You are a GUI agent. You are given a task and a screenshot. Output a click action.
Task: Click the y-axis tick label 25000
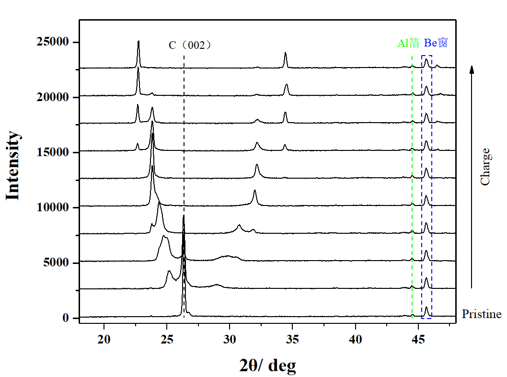pyautogui.click(x=52, y=42)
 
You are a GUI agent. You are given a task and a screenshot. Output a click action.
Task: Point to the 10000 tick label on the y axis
pyautogui.click(x=52, y=207)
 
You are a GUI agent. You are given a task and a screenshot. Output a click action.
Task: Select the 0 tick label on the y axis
pyautogui.click(x=66, y=318)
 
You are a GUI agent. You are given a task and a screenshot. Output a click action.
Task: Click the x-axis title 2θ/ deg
pyautogui.click(x=267, y=366)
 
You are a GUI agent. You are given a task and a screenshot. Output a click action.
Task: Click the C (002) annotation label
pyautogui.click(x=190, y=46)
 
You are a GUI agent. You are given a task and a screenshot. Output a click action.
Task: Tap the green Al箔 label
pyautogui.click(x=408, y=43)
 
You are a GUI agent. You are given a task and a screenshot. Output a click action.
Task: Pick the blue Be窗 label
pyautogui.click(x=436, y=43)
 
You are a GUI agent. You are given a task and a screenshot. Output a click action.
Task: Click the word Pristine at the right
pyautogui.click(x=481, y=314)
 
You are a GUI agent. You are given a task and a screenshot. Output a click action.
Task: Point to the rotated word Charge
pyautogui.click(x=485, y=167)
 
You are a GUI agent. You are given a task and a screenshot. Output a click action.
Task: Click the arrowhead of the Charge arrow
pyautogui.click(x=472, y=69)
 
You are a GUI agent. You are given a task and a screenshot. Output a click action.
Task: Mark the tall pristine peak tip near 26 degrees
pyautogui.click(x=184, y=217)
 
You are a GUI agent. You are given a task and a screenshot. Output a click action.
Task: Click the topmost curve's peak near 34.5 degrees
pyautogui.click(x=285, y=53)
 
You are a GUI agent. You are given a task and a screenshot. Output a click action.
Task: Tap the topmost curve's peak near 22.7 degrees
pyautogui.click(x=138, y=42)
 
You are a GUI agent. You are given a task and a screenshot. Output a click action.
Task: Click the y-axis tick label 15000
pyautogui.click(x=52, y=152)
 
